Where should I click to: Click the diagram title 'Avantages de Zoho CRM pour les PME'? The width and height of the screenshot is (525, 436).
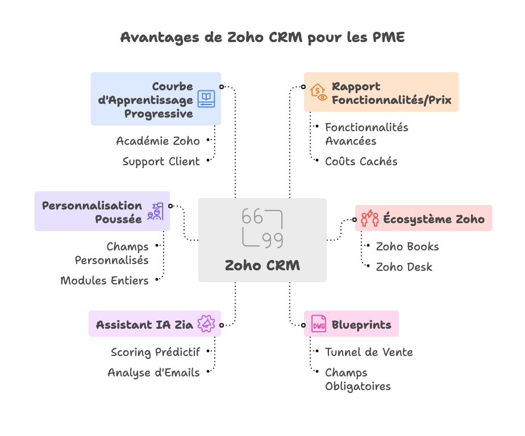pos(262,37)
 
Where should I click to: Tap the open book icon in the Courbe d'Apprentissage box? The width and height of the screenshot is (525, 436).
pos(206,99)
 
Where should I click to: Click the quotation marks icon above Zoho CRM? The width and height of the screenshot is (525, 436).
pos(262,229)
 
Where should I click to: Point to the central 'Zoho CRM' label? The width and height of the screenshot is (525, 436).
pos(262,265)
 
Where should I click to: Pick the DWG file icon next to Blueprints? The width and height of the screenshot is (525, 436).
pos(318,324)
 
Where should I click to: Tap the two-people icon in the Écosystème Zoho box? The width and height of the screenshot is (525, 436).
pos(370,218)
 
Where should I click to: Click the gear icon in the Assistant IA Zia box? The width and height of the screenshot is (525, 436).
pos(206,324)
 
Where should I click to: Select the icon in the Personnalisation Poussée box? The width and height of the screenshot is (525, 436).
pos(155,211)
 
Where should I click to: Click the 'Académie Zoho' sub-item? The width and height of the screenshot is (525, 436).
pos(158,141)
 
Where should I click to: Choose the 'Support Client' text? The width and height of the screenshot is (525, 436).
pos(161,162)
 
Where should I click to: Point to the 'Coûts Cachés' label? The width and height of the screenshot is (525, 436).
pos(361,162)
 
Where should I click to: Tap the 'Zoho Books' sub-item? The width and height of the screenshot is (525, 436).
pos(407,246)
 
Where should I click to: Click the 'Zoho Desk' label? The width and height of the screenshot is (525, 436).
pos(404,267)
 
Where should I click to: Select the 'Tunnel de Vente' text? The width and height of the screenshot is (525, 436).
pos(369,352)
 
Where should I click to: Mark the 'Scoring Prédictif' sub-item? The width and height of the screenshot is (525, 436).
pos(156,352)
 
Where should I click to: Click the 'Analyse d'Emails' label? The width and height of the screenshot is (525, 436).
pos(153,372)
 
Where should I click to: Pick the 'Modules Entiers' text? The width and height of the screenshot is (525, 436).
pos(105,280)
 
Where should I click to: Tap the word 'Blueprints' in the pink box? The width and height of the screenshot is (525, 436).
pos(361,325)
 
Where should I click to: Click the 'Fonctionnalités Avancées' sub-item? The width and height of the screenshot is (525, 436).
pos(366,134)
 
